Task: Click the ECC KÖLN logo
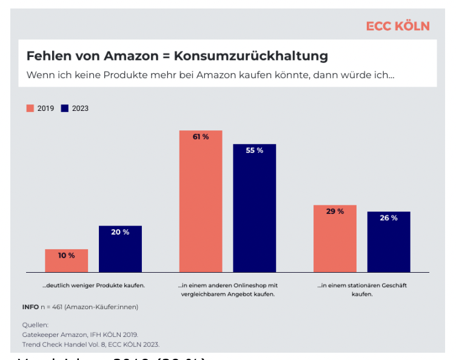[x=397, y=26]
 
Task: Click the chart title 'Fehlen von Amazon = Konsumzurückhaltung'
[x=177, y=56]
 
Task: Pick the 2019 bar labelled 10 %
[x=66, y=261]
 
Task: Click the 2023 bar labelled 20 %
[x=120, y=252]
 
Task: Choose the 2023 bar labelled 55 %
[x=254, y=209]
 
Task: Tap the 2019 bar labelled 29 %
[x=335, y=239]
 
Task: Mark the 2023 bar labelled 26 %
[x=389, y=242]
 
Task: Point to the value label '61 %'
[x=201, y=137]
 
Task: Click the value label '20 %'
[x=121, y=233]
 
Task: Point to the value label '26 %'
[x=389, y=218]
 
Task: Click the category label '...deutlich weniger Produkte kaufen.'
[x=93, y=284]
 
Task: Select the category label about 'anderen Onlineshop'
[x=227, y=289]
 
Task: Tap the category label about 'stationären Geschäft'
[x=362, y=289]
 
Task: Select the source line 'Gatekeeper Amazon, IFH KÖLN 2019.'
[x=81, y=335]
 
